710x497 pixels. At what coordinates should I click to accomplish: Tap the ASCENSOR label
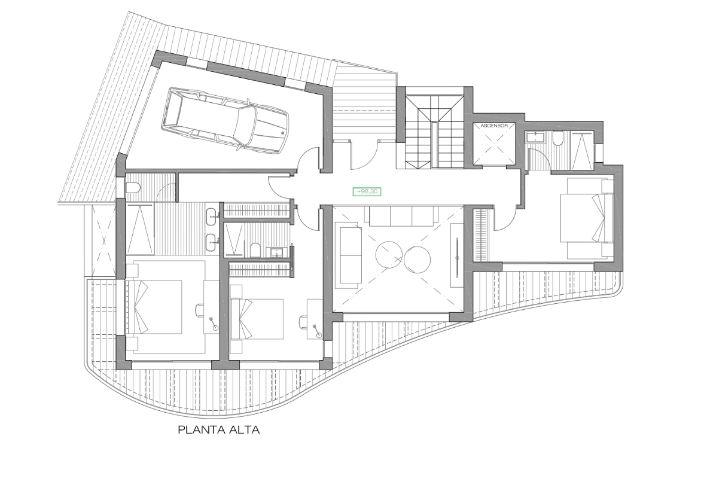[x=493, y=126]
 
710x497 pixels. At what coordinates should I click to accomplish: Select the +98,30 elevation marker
[x=367, y=192]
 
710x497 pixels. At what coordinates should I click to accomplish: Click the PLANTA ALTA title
[x=219, y=429]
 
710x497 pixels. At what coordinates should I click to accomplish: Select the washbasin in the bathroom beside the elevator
[x=536, y=137]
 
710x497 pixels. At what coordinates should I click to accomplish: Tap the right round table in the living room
[x=417, y=259]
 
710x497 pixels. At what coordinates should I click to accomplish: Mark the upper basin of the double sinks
[x=212, y=214]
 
